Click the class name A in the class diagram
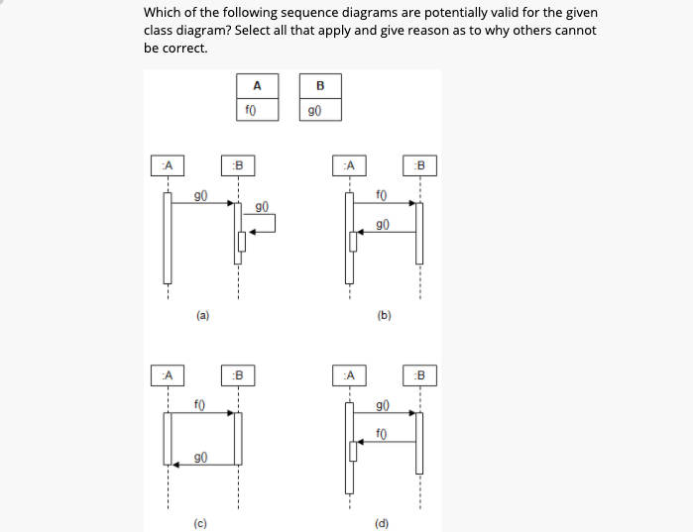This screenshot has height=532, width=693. pyautogui.click(x=257, y=85)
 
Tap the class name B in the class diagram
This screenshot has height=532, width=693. pyautogui.click(x=319, y=85)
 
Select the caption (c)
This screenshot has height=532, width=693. pyautogui.click(x=200, y=522)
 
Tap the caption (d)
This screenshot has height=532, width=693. pyautogui.click(x=382, y=522)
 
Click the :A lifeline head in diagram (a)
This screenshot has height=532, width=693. pyautogui.click(x=168, y=163)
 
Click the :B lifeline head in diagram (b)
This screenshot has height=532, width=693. pyautogui.click(x=419, y=163)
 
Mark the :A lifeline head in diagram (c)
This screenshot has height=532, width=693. pyautogui.click(x=168, y=375)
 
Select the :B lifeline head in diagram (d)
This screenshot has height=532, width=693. pyautogui.click(x=419, y=375)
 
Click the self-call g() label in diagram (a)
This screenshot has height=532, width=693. pyautogui.click(x=261, y=207)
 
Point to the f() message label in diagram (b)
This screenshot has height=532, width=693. pyautogui.click(x=383, y=194)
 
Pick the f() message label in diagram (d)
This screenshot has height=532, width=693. pyautogui.click(x=381, y=433)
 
